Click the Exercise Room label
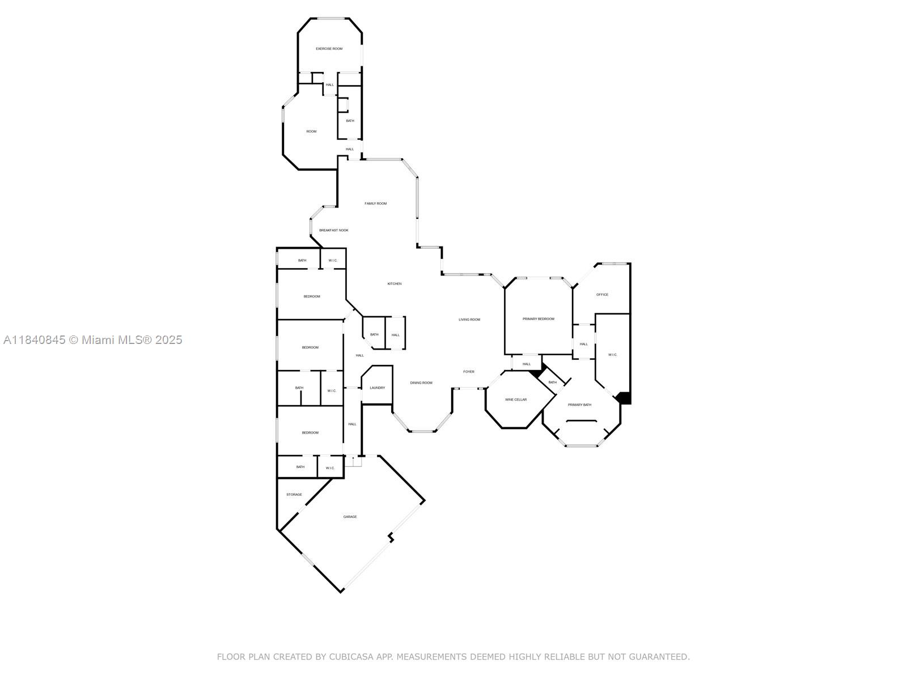(x=329, y=49)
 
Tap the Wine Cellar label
(x=516, y=399)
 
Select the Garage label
(x=350, y=517)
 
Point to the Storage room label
(x=294, y=495)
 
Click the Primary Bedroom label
(x=538, y=319)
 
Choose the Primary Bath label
(x=579, y=405)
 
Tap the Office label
(x=602, y=295)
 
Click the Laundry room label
(x=378, y=388)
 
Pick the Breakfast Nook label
(x=333, y=231)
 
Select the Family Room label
(x=375, y=203)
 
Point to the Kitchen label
(x=394, y=284)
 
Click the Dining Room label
(x=421, y=383)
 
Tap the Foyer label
(x=469, y=372)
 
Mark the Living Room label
(x=469, y=320)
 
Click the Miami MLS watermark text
(x=92, y=340)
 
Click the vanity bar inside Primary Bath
(x=581, y=420)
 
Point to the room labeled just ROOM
(x=311, y=131)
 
